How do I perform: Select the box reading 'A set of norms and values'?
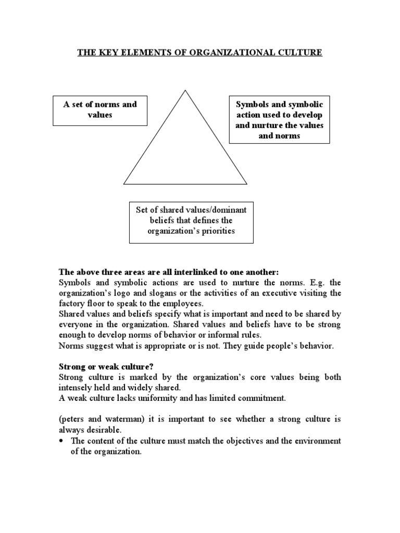pos(100,109)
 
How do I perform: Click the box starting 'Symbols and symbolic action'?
pos(279,120)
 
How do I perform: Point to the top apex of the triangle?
pos(185,90)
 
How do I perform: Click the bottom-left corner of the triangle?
pos(124,184)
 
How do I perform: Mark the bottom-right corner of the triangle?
pos(246,184)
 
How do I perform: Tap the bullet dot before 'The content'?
pos(62,441)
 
